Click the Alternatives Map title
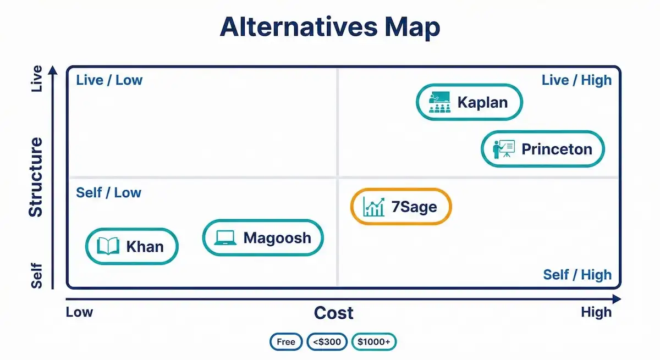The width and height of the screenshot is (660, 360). [330, 27]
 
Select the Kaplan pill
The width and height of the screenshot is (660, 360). [468, 102]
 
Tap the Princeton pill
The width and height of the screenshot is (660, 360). [542, 148]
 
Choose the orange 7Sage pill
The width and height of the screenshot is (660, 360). [401, 207]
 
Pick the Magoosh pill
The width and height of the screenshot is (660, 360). [263, 237]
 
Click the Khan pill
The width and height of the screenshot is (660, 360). [132, 246]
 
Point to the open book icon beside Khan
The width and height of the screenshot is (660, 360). [108, 246]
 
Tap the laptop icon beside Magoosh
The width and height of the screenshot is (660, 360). [225, 238]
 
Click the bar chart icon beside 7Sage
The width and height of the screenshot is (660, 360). [374, 207]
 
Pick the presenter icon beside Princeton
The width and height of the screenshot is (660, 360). [503, 148]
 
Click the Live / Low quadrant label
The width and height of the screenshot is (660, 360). [109, 80]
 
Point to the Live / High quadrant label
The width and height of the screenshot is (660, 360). [576, 80]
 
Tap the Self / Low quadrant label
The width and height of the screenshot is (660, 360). [108, 193]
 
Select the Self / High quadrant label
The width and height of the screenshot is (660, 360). [577, 275]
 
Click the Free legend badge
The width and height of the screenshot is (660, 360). [286, 342]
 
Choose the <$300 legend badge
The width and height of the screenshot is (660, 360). [327, 342]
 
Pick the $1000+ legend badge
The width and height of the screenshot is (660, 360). [373, 342]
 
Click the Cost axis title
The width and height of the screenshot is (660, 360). [333, 313]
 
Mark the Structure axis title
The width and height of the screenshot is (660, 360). [35, 177]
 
